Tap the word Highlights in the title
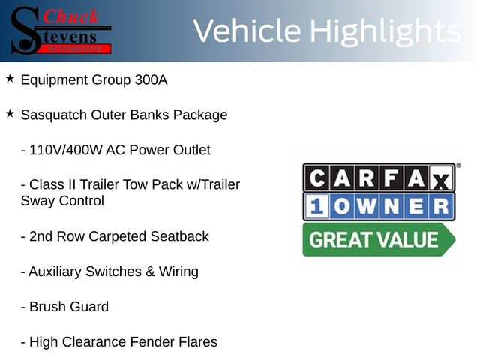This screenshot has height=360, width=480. pyautogui.click(x=385, y=31)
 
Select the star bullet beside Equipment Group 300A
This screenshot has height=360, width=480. pyautogui.click(x=10, y=78)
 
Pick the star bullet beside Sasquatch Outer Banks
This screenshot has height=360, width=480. pyautogui.click(x=10, y=113)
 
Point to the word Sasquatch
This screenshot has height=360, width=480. pyautogui.click(x=55, y=115)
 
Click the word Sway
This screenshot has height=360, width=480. pyautogui.click(x=37, y=201)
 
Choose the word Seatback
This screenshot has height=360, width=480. pyautogui.click(x=180, y=236)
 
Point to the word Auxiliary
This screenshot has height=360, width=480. pyautogui.click(x=56, y=271)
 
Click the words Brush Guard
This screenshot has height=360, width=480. pyautogui.click(x=68, y=307)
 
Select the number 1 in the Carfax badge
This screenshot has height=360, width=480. pyautogui.click(x=316, y=206)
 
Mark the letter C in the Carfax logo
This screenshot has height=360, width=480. pyautogui.click(x=318, y=178)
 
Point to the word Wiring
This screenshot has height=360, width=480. pyautogui.click(x=178, y=271)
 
